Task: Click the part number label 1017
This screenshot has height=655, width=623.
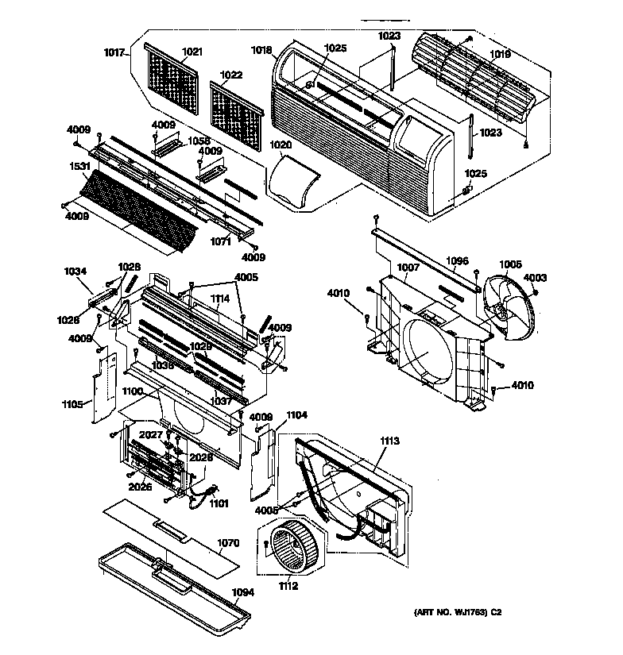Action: (115, 53)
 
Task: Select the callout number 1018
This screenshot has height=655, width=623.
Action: (262, 49)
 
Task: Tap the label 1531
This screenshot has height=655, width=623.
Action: (79, 167)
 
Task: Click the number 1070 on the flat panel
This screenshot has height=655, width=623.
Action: (228, 545)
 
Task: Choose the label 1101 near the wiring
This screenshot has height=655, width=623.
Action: (219, 503)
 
